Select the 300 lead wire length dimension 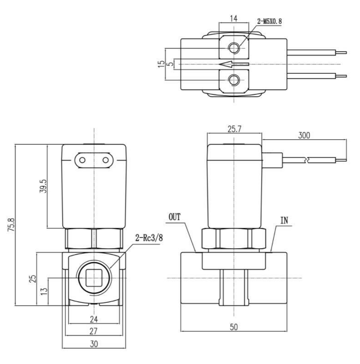[x=304, y=136]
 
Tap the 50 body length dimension [x=233, y=327]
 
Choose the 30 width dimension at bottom [x=94, y=343]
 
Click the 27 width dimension [x=94, y=331]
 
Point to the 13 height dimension [x=43, y=291]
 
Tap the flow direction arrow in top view [x=234, y=64]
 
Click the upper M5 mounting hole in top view [x=234, y=48]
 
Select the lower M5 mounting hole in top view [x=234, y=80]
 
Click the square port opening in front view [x=94, y=278]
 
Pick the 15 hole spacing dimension [x=161, y=64]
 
